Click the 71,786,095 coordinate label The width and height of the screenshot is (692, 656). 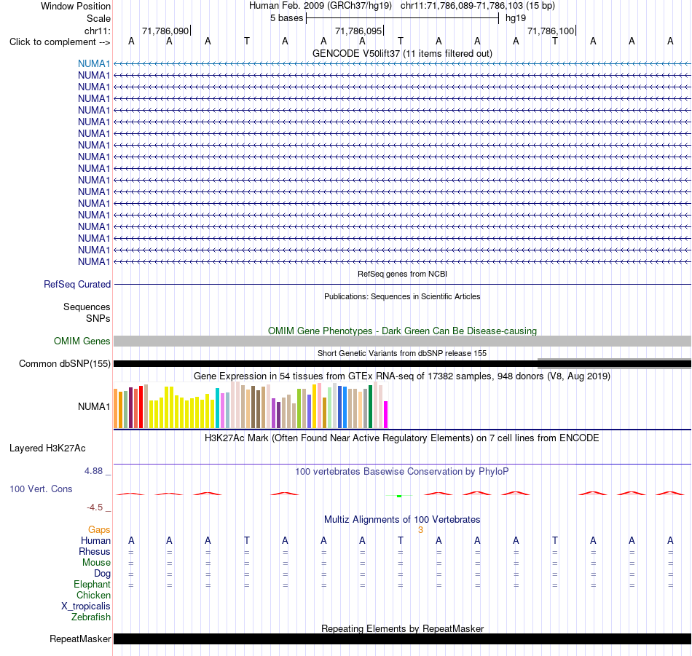pyautogui.click(x=358, y=31)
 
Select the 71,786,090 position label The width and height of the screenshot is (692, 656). pyautogui.click(x=165, y=31)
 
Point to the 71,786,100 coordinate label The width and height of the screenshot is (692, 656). pyautogui.click(x=551, y=31)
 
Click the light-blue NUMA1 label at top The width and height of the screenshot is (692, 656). pyautogui.click(x=94, y=63)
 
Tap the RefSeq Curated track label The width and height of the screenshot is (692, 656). pyautogui.click(x=77, y=284)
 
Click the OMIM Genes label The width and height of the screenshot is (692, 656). pyautogui.click(x=82, y=341)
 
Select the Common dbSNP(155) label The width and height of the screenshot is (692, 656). pyautogui.click(x=65, y=363)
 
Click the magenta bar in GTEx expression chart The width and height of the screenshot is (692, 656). pyautogui.click(x=386, y=414)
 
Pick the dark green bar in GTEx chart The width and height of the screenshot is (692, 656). pyautogui.click(x=371, y=407)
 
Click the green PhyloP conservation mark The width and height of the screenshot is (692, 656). pyautogui.click(x=399, y=497)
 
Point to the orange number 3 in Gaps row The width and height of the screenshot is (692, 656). pyautogui.click(x=420, y=530)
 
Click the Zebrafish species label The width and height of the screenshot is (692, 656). pyautogui.click(x=91, y=617)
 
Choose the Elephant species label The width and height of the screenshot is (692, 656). pyautogui.click(x=93, y=584)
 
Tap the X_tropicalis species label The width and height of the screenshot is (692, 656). pyautogui.click(x=86, y=606)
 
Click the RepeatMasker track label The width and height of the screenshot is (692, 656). pyautogui.click(x=80, y=639)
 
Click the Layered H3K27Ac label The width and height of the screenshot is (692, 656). pyautogui.click(x=47, y=448)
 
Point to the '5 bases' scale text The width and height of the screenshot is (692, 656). pyautogui.click(x=287, y=18)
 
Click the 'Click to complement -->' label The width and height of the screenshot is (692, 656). pyautogui.click(x=60, y=42)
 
